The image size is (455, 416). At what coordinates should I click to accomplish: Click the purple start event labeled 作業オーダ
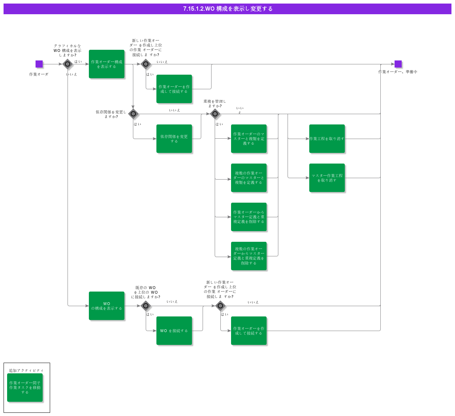tap(39, 64)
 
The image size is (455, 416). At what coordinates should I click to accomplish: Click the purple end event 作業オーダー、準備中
tap(398, 64)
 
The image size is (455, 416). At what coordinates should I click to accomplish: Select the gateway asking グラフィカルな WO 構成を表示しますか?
tap(68, 64)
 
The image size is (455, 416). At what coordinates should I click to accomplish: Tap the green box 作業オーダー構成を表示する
tap(107, 64)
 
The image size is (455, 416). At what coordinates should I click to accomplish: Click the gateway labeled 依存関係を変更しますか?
tap(133, 114)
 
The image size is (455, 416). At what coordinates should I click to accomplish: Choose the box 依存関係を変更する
tap(174, 139)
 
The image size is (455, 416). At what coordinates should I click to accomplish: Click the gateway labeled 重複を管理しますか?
tap(215, 114)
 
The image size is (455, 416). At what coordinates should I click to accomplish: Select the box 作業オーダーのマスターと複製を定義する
tap(249, 139)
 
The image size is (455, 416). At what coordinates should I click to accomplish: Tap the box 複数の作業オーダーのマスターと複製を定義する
tap(249, 178)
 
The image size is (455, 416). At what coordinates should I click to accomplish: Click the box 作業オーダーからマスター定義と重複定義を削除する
tap(249, 217)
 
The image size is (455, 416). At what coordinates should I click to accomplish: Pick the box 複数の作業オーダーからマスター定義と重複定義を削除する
tap(249, 256)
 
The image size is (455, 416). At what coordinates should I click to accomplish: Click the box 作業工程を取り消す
tap(327, 139)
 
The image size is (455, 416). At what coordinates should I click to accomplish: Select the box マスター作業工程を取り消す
tap(327, 178)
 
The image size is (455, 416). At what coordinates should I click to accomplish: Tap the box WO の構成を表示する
tap(107, 306)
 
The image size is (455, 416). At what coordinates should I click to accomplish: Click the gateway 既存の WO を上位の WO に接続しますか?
tap(146, 306)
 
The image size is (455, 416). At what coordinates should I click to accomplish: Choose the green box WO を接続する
tap(174, 331)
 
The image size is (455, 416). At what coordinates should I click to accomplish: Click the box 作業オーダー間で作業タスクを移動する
tap(25, 388)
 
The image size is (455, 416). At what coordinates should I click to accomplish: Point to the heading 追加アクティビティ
tap(26, 370)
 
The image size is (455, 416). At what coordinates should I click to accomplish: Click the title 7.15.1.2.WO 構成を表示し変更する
tap(227, 9)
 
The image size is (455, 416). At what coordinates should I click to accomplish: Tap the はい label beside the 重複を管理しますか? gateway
tap(219, 124)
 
